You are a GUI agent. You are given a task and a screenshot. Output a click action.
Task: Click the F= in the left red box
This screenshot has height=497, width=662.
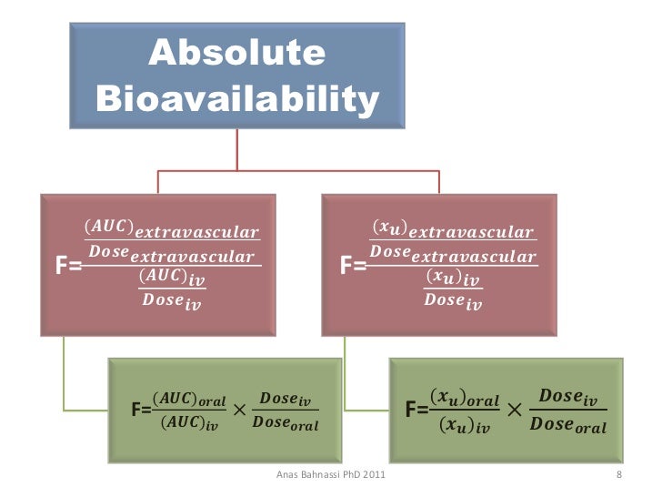[69, 266]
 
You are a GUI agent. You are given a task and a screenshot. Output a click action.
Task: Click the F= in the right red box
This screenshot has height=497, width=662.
[353, 266]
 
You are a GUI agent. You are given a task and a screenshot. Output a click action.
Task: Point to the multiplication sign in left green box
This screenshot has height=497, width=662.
[239, 411]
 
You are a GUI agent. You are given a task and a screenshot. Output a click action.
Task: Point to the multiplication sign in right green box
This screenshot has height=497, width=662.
[515, 411]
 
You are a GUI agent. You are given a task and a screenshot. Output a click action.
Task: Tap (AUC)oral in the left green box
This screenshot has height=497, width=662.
[189, 400]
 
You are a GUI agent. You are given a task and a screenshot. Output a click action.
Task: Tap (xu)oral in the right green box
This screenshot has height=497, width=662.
[464, 399]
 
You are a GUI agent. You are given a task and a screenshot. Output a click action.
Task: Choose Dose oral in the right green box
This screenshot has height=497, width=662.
[568, 424]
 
